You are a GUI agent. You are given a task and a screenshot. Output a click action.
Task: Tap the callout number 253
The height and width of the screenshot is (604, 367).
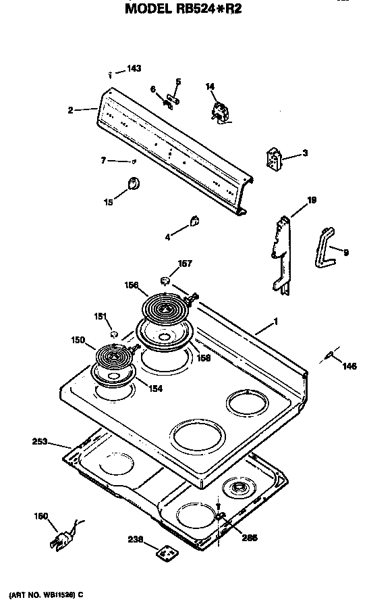click(40, 442)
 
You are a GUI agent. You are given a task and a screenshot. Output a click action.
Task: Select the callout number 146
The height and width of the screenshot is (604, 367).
click(348, 366)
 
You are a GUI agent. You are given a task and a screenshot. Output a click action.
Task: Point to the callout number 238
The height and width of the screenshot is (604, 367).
click(136, 540)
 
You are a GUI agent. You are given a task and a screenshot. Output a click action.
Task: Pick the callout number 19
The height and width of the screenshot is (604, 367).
click(311, 200)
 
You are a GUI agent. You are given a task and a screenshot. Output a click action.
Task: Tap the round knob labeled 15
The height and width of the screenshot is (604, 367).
click(133, 182)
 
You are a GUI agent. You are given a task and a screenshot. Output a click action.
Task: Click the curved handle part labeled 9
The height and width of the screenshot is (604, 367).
click(324, 246)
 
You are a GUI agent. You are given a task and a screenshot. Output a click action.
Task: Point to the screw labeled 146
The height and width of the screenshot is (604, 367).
click(330, 355)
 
